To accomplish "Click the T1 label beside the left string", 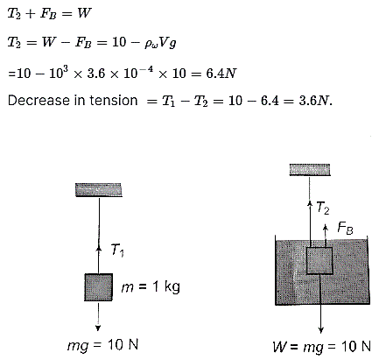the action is click(x=117, y=251).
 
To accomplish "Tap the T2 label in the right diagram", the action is click(x=323, y=208).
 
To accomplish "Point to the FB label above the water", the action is click(x=346, y=228).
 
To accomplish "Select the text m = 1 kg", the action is click(x=151, y=286).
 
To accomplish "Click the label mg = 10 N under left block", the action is click(x=102, y=345).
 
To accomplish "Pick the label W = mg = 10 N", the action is click(x=322, y=347).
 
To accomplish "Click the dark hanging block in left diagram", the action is click(x=99, y=287).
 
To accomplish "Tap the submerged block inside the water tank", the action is click(x=319, y=261).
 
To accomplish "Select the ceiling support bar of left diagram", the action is click(x=99, y=190).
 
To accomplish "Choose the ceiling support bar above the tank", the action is click(x=310, y=170).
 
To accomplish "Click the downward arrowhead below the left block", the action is click(x=98, y=328).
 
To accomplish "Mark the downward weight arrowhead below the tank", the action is click(x=321, y=330).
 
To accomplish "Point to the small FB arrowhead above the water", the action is click(x=326, y=227).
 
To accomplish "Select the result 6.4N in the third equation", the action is click(x=221, y=74).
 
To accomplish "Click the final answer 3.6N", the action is click(x=315, y=101).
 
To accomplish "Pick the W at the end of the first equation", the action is click(x=84, y=13).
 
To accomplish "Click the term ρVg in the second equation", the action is click(x=160, y=43).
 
